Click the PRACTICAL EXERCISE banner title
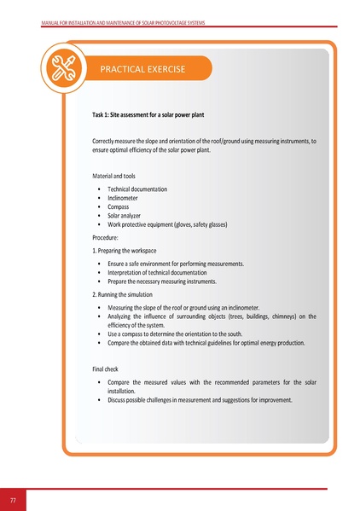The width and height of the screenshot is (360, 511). click(142, 68)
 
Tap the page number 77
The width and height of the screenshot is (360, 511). click(13, 499)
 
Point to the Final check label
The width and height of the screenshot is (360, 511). click(109, 369)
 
